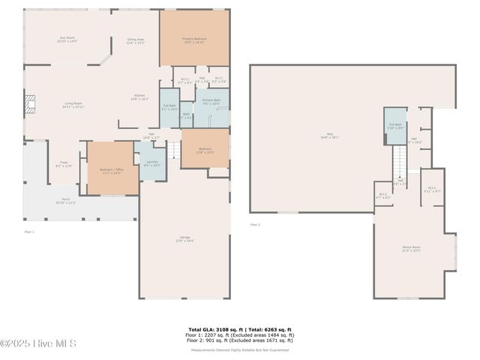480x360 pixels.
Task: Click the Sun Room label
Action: click(67, 38)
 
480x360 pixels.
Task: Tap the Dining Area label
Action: click(136, 40)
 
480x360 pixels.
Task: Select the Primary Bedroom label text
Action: click(193, 40)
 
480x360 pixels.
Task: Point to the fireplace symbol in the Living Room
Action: click(30, 103)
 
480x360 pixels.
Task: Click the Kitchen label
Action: click(139, 97)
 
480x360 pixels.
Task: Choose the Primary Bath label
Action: click(211, 101)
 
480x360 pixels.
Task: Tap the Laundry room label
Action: click(151, 163)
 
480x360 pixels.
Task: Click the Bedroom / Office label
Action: click(110, 171)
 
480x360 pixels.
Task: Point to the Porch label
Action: click(66, 200)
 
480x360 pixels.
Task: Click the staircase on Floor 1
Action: click(173, 150)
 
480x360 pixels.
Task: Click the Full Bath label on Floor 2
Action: click(395, 125)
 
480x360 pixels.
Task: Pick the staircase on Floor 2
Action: click(400, 160)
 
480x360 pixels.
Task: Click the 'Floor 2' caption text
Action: click(255, 224)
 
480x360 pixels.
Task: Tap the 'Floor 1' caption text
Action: click(29, 232)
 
